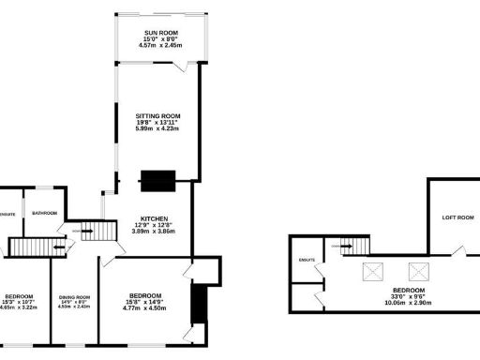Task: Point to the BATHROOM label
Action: coord(44,213)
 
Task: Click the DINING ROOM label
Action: coord(74,296)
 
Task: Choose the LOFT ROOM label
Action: coord(457,217)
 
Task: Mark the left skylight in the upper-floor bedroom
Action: coord(372,271)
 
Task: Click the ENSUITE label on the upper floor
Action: coord(306,260)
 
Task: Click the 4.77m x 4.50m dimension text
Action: coord(153,308)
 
